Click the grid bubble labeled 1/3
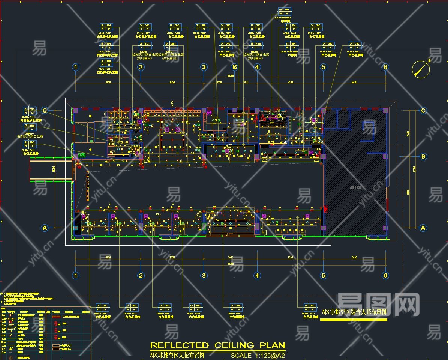(235, 67)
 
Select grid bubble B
(423, 157)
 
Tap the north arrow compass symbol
(421, 69)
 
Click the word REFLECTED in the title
(179, 345)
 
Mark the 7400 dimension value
(230, 258)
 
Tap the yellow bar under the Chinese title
(354, 319)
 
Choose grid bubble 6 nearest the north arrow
(385, 67)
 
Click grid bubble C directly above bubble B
(423, 111)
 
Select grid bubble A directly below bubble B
(423, 228)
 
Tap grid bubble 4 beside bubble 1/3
(257, 67)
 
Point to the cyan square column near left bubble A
(76, 228)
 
